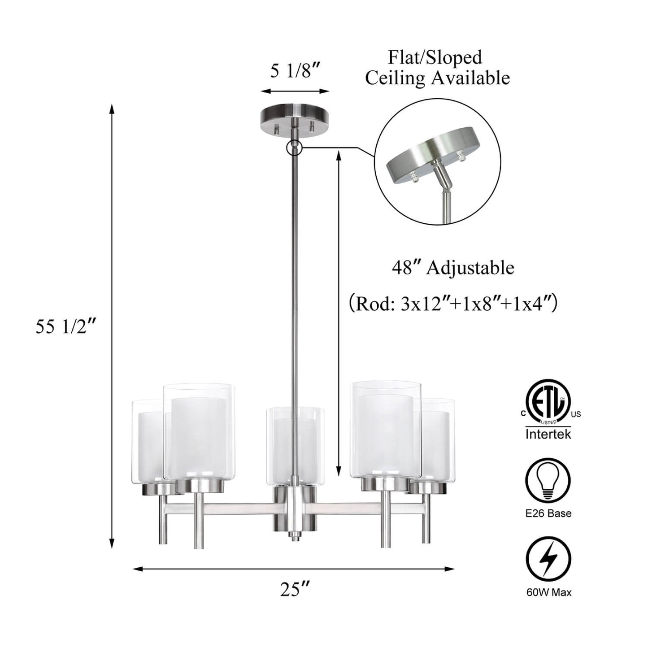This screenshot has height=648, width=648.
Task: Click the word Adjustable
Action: pyautogui.click(x=470, y=269)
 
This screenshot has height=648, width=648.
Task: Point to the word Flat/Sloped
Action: pyautogui.click(x=435, y=57)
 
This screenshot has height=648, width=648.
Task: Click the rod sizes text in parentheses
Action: pyautogui.click(x=453, y=303)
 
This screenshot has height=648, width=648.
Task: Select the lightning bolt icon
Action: pyautogui.click(x=548, y=560)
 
